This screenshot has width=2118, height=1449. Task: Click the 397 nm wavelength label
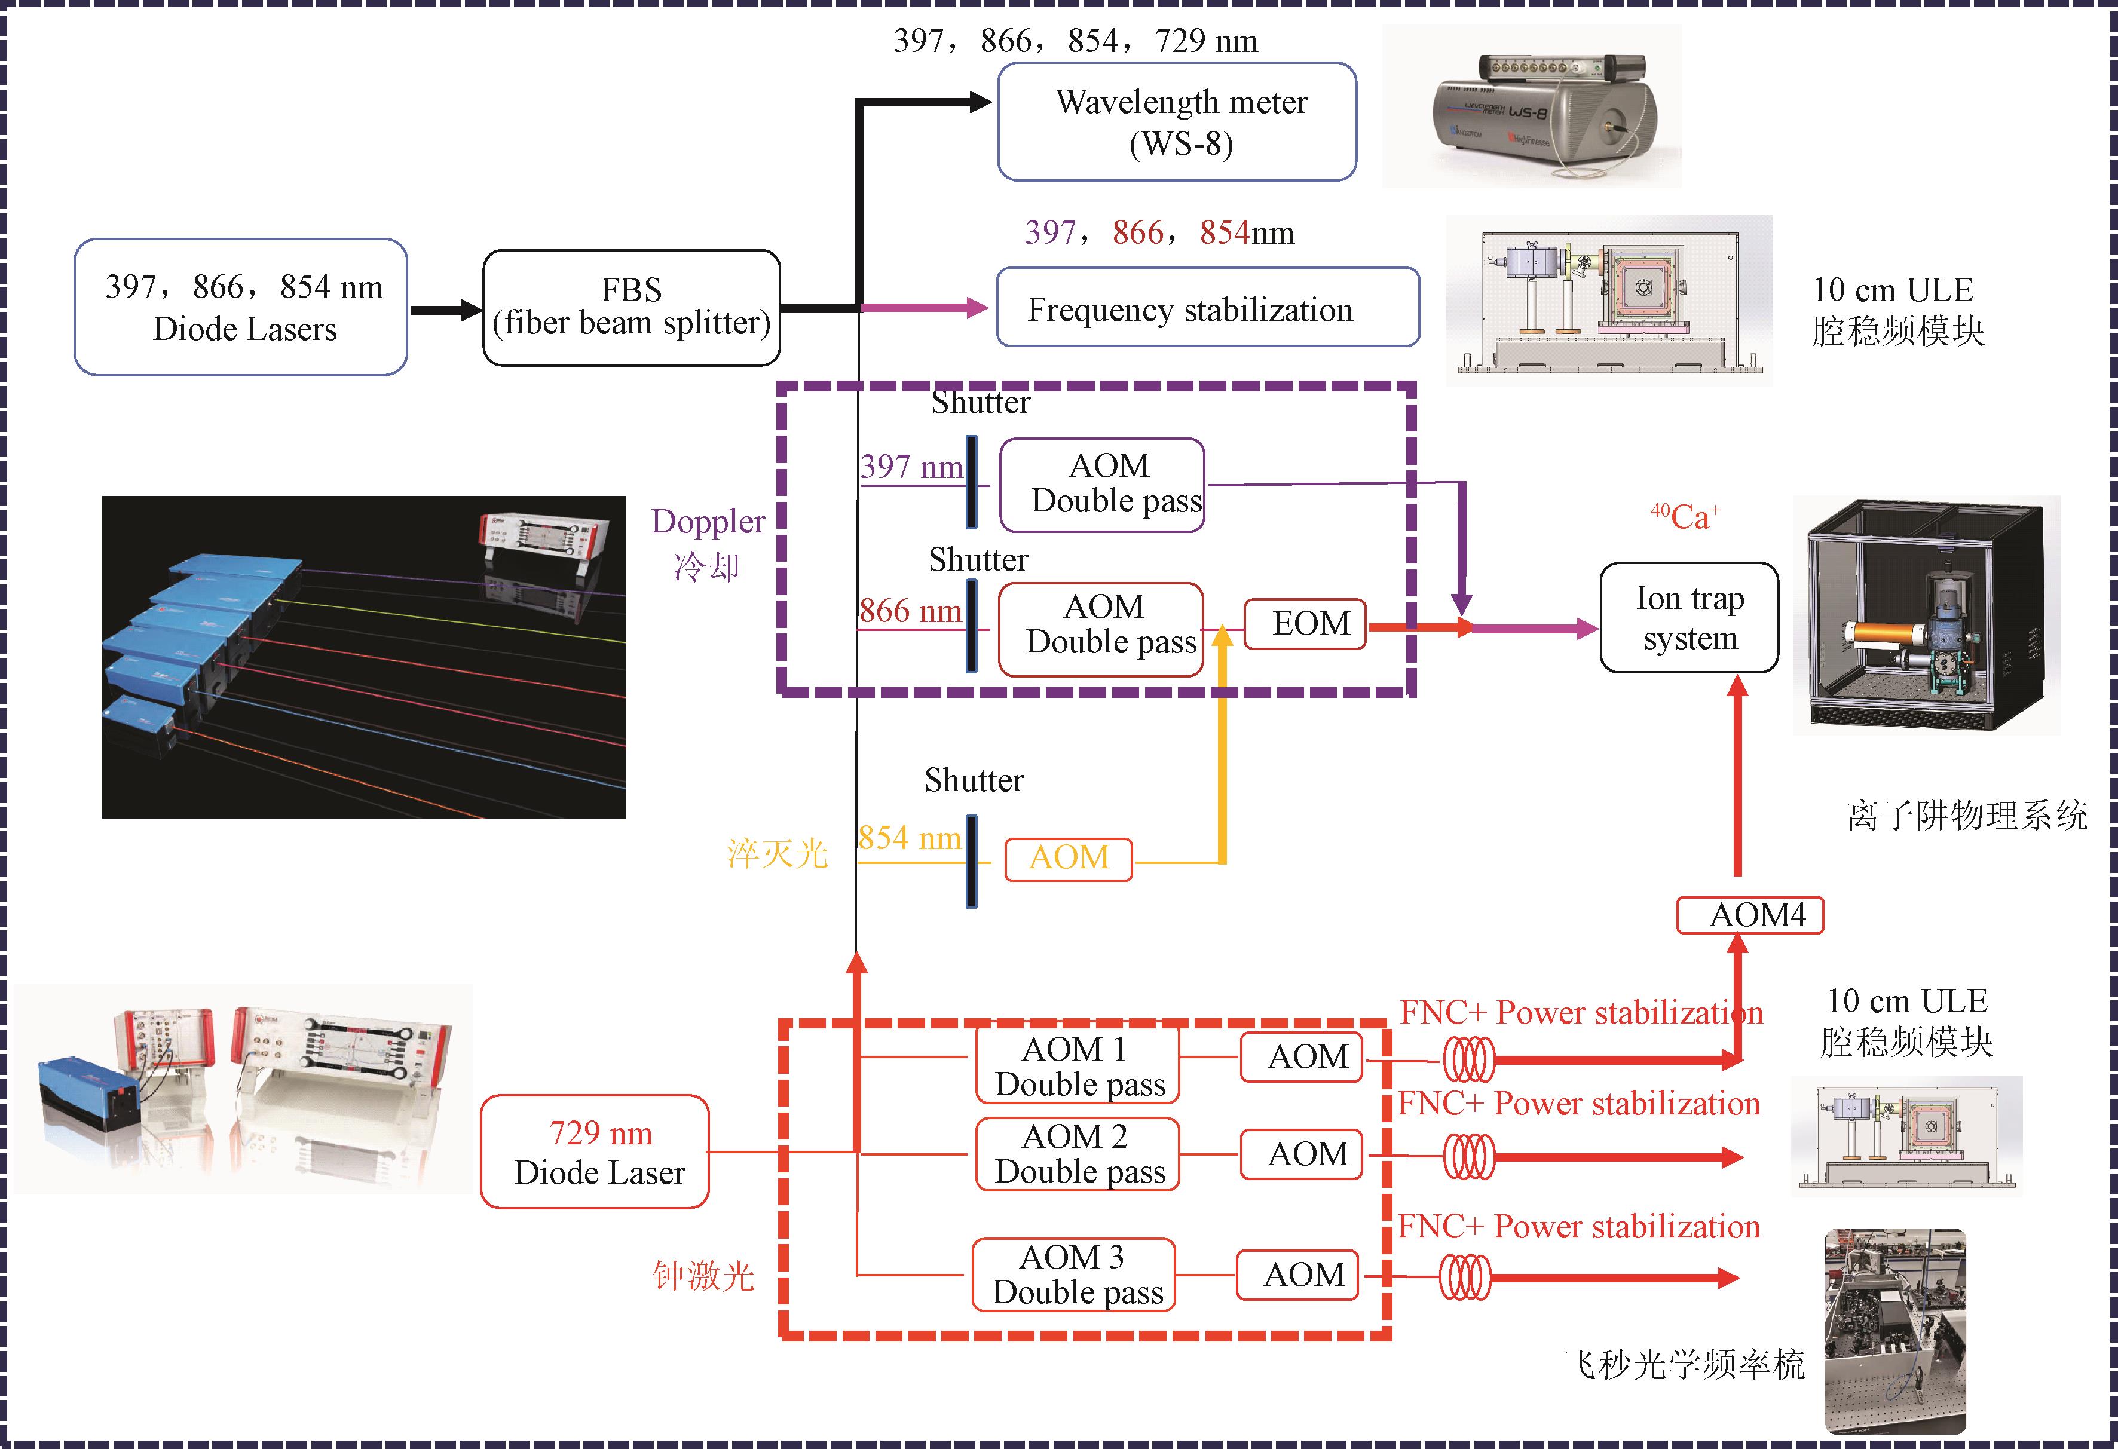coord(911,467)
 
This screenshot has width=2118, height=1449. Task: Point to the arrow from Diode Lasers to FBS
coord(446,310)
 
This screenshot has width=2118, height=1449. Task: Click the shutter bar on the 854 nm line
coord(972,861)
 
